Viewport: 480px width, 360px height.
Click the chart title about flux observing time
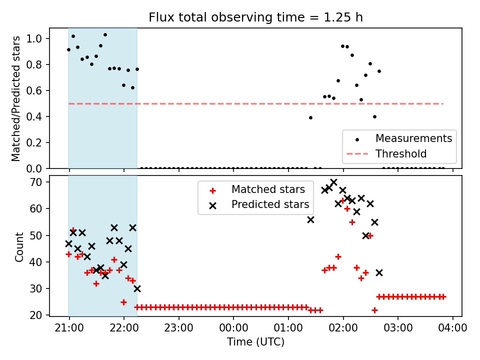pyautogui.click(x=255, y=17)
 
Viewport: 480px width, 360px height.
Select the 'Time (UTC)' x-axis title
pyautogui.click(x=255, y=342)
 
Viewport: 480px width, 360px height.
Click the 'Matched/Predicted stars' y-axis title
pyautogui.click(x=16, y=98)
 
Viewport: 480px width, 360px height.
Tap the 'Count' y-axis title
pyautogui.click(x=19, y=246)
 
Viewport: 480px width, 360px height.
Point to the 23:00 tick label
pyautogui.click(x=178, y=328)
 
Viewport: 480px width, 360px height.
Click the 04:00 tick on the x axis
pyautogui.click(x=452, y=328)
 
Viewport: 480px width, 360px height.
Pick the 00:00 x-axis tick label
pyautogui.click(x=233, y=328)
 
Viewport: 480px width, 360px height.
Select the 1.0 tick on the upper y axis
pyautogui.click(x=37, y=38)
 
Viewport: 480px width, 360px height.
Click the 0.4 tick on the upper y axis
pyautogui.click(x=37, y=116)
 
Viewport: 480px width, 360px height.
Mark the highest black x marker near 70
pyautogui.click(x=333, y=182)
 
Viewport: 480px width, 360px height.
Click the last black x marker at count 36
pyautogui.click(x=379, y=272)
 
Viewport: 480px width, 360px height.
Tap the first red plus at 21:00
pyautogui.click(x=68, y=254)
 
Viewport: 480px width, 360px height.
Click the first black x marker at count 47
pyautogui.click(x=68, y=243)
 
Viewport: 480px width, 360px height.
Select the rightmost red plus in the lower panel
pyautogui.click(x=443, y=296)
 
